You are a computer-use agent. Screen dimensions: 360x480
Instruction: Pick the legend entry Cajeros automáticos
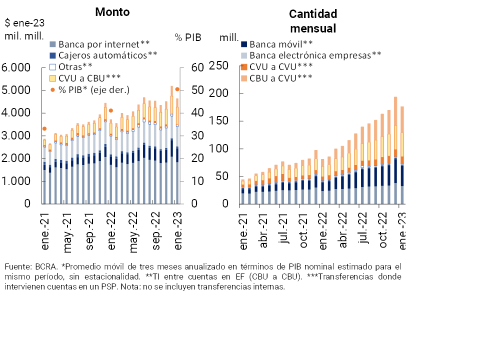pos(107,55)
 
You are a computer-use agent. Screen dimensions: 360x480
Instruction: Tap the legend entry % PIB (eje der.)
pos(93,89)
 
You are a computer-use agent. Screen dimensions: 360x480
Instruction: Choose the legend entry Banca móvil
pos(281,44)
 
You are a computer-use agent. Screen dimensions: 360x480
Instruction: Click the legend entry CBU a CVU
pos(281,77)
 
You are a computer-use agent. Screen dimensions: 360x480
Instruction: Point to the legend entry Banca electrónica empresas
pos(315,55)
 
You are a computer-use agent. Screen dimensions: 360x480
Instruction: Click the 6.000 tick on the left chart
pos(17,67)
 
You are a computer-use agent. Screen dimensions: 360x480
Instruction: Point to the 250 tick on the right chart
pos(219,66)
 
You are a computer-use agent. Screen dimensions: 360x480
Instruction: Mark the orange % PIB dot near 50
pos(177,89)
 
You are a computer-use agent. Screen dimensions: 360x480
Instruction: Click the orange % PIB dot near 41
pos(110,110)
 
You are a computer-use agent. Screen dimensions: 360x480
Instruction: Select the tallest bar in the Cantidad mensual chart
pos(395,150)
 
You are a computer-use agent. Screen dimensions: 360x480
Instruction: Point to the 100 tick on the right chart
pos(219,149)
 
